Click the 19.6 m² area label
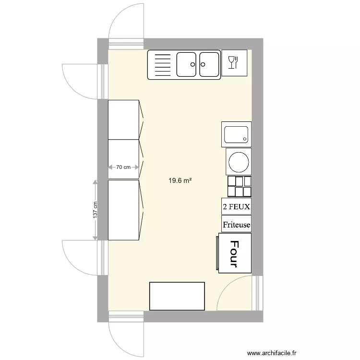(180, 180)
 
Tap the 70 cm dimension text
(123, 167)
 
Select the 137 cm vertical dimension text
(95, 210)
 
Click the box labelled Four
(235, 253)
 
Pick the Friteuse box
(237, 224)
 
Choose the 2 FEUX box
(237, 206)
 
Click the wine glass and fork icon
(233, 62)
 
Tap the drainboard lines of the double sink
(163, 65)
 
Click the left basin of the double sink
(186, 64)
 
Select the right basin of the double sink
(209, 64)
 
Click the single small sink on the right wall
(236, 134)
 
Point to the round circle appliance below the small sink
(239, 162)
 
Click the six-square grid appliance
(240, 186)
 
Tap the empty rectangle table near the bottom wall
(177, 296)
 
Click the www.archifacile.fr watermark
(272, 353)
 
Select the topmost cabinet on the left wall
(123, 120)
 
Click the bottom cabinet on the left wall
(123, 210)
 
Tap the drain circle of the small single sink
(245, 139)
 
